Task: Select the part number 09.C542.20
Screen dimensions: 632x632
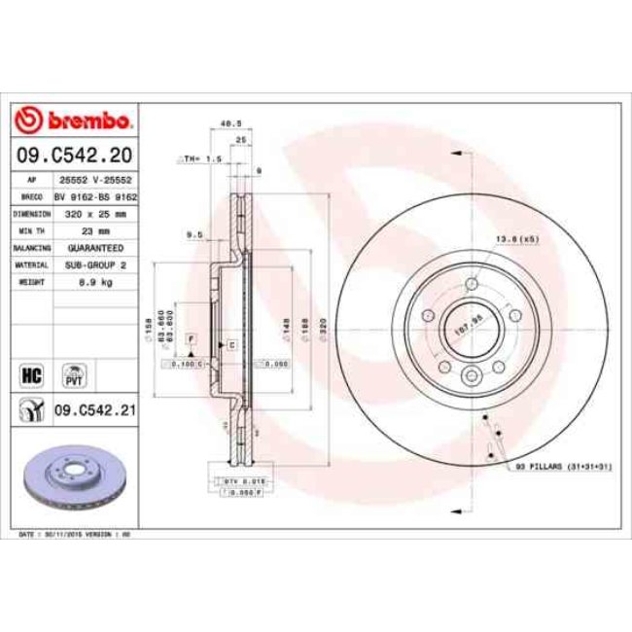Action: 74,156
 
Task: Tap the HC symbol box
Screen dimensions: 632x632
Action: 30,372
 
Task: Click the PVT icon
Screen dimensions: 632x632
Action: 73,373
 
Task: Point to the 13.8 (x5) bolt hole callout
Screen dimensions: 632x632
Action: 518,238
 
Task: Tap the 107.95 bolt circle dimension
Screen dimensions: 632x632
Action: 470,331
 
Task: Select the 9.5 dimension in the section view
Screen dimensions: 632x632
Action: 193,234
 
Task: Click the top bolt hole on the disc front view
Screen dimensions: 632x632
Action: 472,284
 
